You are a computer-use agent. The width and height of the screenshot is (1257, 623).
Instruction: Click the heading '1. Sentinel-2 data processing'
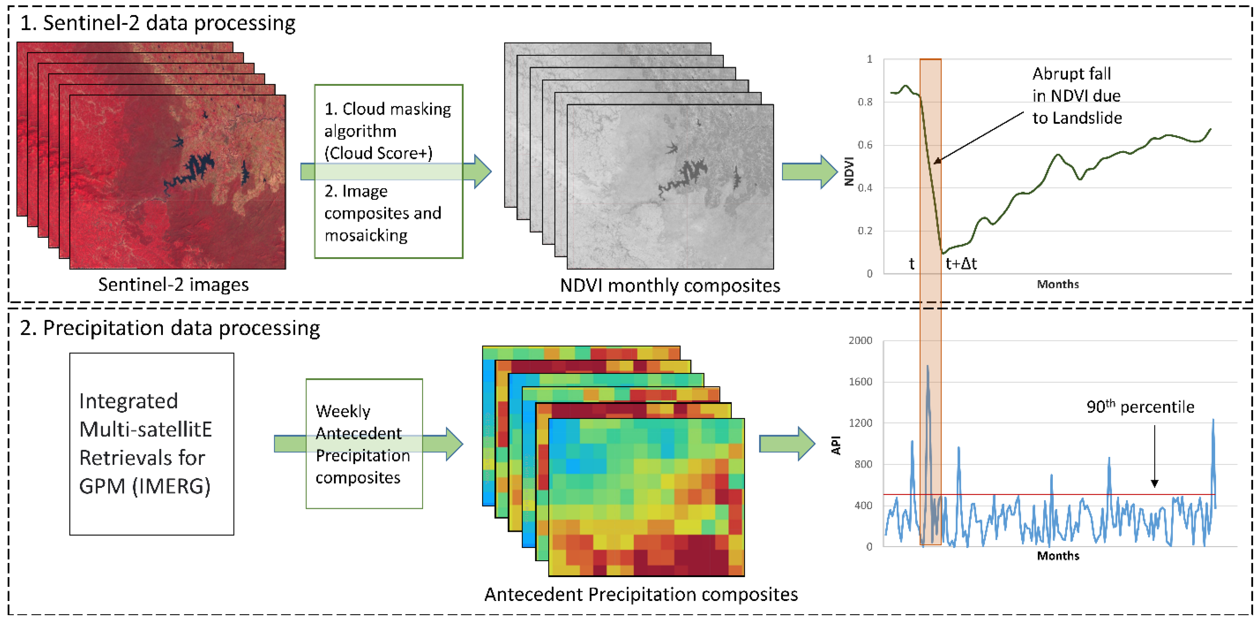click(x=157, y=23)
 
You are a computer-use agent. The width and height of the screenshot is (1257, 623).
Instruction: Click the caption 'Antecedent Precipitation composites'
click(x=641, y=595)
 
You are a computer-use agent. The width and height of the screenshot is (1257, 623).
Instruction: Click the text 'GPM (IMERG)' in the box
click(x=145, y=486)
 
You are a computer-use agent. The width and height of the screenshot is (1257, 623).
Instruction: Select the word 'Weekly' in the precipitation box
click(x=343, y=411)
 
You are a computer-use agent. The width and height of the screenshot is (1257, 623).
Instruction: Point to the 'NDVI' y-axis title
click(x=849, y=171)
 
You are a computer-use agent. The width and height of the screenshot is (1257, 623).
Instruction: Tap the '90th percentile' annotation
click(x=1140, y=407)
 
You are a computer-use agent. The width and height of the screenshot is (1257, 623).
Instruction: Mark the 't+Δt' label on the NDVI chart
click(x=961, y=264)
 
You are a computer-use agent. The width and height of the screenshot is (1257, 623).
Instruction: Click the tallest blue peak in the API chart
click(x=927, y=367)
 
